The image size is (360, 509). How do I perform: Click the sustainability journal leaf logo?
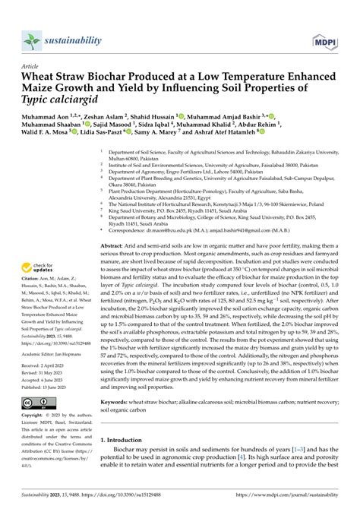pyautogui.click(x=30, y=40)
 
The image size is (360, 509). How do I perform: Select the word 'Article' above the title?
pyautogui.click(x=31, y=66)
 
